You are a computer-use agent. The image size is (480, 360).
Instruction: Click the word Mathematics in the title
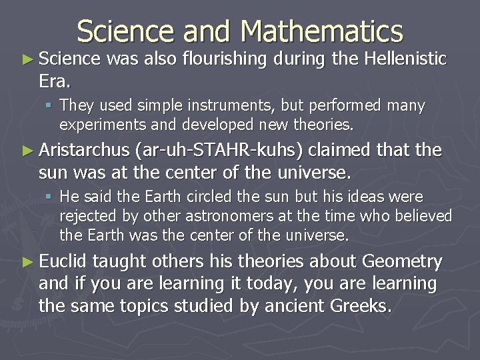[323, 31]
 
